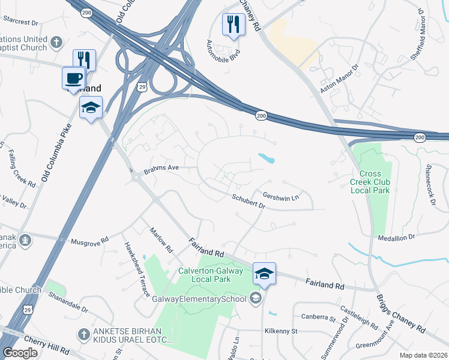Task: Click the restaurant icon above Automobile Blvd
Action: coord(233,25)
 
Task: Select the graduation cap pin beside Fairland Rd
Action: coord(264,274)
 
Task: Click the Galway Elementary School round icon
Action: coord(256,299)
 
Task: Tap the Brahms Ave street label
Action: coord(161,168)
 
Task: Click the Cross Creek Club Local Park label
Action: coord(370,182)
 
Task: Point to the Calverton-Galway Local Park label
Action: coord(210,275)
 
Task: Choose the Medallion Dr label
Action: coord(396,238)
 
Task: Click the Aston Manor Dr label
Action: coord(338,77)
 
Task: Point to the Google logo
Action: coord(20,353)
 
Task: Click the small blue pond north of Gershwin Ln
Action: coord(267,159)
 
